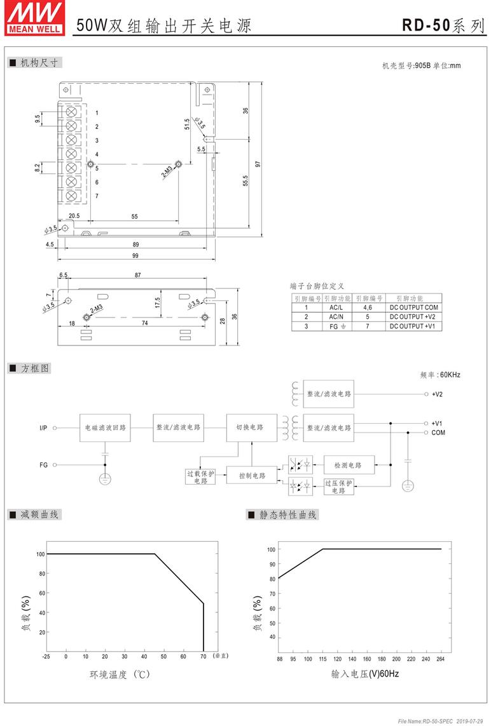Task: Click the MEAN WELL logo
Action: click(x=34, y=18)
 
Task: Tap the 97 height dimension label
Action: click(x=258, y=164)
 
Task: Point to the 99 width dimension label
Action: click(x=135, y=255)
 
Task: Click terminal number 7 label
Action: click(x=97, y=196)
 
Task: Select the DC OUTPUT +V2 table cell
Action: click(x=413, y=317)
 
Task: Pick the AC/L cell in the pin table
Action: click(x=336, y=307)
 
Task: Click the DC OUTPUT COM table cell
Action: click(x=413, y=307)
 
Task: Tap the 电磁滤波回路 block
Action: click(x=105, y=428)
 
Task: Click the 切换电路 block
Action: click(x=252, y=427)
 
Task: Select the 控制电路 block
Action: click(x=252, y=476)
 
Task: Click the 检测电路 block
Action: click(x=348, y=465)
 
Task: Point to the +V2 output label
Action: click(x=437, y=394)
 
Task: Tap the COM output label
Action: click(x=438, y=433)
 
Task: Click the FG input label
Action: click(x=44, y=465)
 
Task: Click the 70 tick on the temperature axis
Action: click(x=203, y=657)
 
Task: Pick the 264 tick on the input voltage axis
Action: click(x=441, y=659)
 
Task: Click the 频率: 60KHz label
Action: click(x=440, y=375)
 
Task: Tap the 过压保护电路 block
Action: click(x=338, y=487)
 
